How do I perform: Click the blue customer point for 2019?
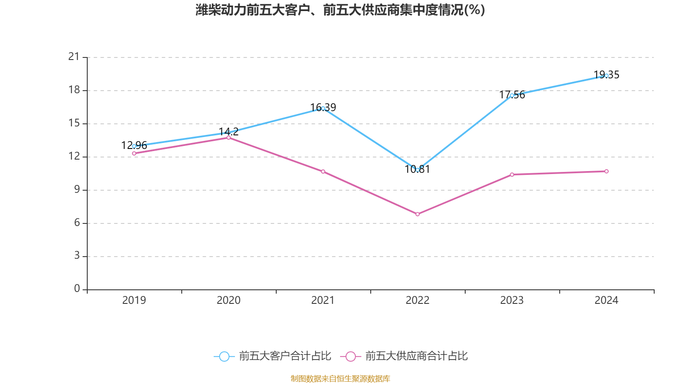coord(134,146)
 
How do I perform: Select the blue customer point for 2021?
coord(323,108)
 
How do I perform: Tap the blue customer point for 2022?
coord(418,170)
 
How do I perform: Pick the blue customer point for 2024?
coord(607,76)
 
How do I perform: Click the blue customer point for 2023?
coord(512,95)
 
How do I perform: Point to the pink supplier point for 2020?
coord(229,137)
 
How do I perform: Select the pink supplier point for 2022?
coord(418,214)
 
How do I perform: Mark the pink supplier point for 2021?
coord(323,171)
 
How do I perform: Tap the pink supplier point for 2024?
coord(607,171)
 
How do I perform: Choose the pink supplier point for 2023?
coord(512,174)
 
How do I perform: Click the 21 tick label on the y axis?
coord(74,57)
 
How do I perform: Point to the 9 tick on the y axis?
coord(77,189)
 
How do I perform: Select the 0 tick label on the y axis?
coord(77,289)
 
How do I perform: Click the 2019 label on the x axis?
coord(134,300)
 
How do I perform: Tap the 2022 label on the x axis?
coord(418,300)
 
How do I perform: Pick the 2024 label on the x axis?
coord(607,300)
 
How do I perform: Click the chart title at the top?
coord(340,10)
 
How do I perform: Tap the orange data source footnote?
coord(340,378)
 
